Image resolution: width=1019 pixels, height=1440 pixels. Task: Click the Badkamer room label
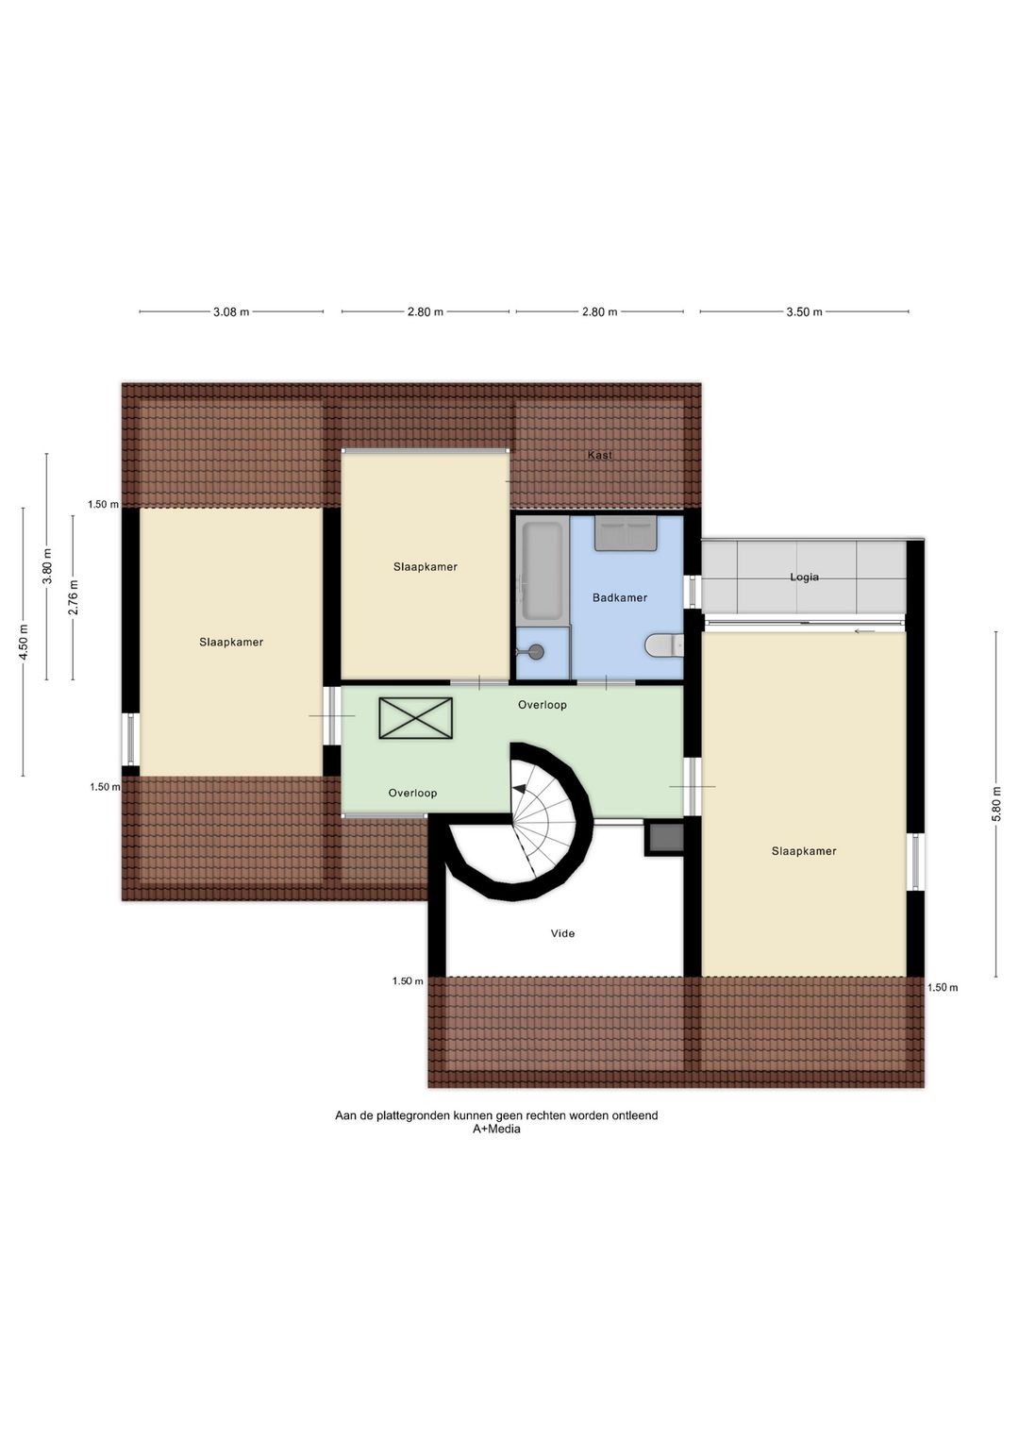[619, 598]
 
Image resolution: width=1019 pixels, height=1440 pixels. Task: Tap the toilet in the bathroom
[663, 645]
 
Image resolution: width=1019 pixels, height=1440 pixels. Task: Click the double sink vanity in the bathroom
[625, 533]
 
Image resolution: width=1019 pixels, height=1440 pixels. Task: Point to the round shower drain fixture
[536, 652]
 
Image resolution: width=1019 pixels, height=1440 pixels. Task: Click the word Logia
[804, 577]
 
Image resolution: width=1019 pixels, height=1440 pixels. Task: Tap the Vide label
[562, 933]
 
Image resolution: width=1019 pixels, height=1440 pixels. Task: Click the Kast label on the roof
[599, 455]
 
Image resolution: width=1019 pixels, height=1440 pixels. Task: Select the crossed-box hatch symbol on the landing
[415, 718]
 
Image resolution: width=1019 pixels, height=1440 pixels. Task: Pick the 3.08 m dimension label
[231, 312]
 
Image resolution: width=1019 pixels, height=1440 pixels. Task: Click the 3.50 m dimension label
[804, 312]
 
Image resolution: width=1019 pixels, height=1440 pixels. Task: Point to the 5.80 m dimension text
[995, 804]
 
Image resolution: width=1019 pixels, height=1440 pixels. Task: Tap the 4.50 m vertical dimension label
[24, 642]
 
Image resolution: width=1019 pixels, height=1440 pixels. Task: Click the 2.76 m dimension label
[74, 597]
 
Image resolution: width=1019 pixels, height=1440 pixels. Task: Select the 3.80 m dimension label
[47, 566]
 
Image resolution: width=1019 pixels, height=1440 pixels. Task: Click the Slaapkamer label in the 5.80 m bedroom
[804, 851]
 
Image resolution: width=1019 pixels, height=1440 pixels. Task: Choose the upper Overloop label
[542, 705]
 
